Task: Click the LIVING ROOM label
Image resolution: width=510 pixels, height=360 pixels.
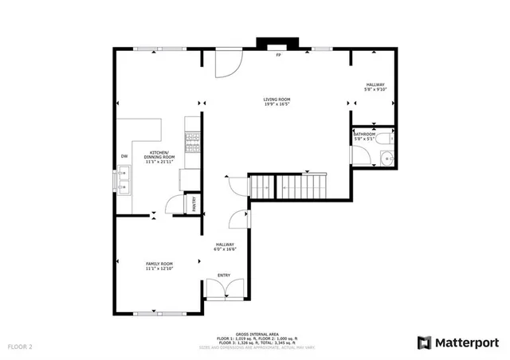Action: [277, 99]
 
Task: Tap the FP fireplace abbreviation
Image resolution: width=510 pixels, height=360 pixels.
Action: [278, 56]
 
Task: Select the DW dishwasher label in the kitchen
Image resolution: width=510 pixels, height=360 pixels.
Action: [124, 156]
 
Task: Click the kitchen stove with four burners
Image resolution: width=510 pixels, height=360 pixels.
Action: [192, 142]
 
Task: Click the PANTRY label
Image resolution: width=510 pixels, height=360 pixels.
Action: [193, 205]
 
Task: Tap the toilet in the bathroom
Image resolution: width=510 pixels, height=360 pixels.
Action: [385, 139]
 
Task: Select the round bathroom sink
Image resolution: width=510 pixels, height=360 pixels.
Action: [386, 158]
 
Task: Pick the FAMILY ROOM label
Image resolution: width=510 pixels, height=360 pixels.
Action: [159, 264]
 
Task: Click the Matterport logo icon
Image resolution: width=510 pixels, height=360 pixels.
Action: [425, 342]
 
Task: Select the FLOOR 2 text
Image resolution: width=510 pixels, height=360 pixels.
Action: [20, 347]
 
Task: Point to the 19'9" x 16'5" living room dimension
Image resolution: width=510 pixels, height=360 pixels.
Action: [277, 104]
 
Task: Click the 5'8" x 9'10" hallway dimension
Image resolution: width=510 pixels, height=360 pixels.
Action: [375, 90]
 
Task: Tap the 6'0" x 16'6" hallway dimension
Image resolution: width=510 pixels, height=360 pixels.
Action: [225, 250]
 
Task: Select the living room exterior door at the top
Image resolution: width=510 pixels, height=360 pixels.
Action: [226, 62]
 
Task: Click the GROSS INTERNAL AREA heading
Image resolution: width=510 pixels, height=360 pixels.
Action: [255, 335]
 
